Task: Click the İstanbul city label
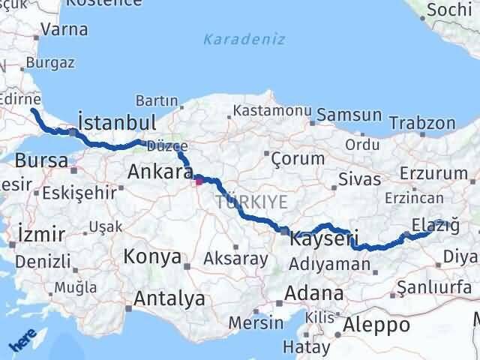pos(117,122)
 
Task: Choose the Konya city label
pos(153,257)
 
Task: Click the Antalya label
pos(169,298)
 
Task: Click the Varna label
pos(64,31)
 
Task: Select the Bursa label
pos(41,160)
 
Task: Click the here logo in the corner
pos(22,341)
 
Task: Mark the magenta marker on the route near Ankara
pos(199,180)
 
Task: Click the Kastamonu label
pos(271,110)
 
